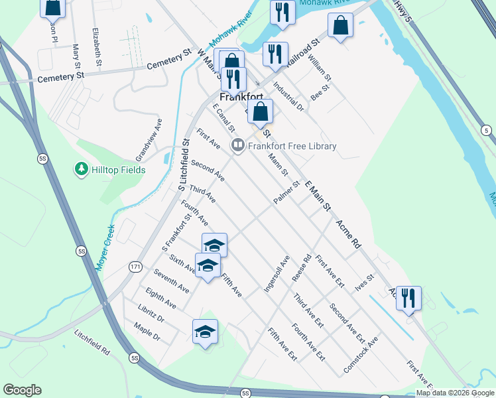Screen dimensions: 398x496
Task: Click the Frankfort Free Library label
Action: (x=292, y=146)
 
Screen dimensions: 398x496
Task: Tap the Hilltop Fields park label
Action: (x=118, y=170)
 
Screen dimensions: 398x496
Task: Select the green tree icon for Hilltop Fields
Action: (x=82, y=169)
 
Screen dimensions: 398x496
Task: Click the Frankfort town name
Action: (x=243, y=96)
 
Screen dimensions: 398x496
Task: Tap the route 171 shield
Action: (x=135, y=266)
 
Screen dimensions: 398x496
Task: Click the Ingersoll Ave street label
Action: (x=277, y=275)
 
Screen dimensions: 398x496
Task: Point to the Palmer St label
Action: (x=286, y=191)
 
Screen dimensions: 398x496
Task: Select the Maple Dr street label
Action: (x=147, y=332)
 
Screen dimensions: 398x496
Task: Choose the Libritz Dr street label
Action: (x=151, y=314)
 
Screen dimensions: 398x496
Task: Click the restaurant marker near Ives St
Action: (x=408, y=298)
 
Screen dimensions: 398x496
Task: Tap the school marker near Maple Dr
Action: (x=205, y=332)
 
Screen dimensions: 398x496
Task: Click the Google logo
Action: (x=22, y=390)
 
